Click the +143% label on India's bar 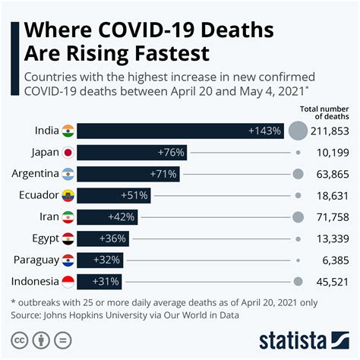(x=264, y=131)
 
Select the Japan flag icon (x=68, y=153)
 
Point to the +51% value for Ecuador (x=135, y=195)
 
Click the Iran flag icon (x=68, y=217)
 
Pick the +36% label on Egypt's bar (x=113, y=238)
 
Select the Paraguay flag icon (x=68, y=261)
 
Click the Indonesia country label (x=35, y=282)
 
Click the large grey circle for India (x=298, y=131)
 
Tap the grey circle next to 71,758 (x=298, y=217)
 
